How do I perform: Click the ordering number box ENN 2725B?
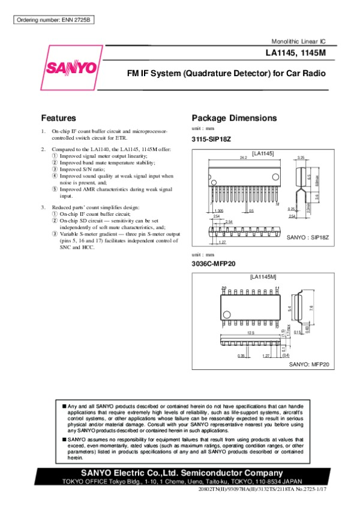point(54,20)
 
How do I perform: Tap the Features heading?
point(58,118)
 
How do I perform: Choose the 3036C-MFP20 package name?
point(212,264)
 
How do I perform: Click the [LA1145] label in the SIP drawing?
point(263,153)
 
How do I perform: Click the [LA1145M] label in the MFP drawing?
point(263,278)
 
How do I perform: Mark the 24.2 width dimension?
point(244,158)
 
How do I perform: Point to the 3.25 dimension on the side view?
point(301,157)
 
